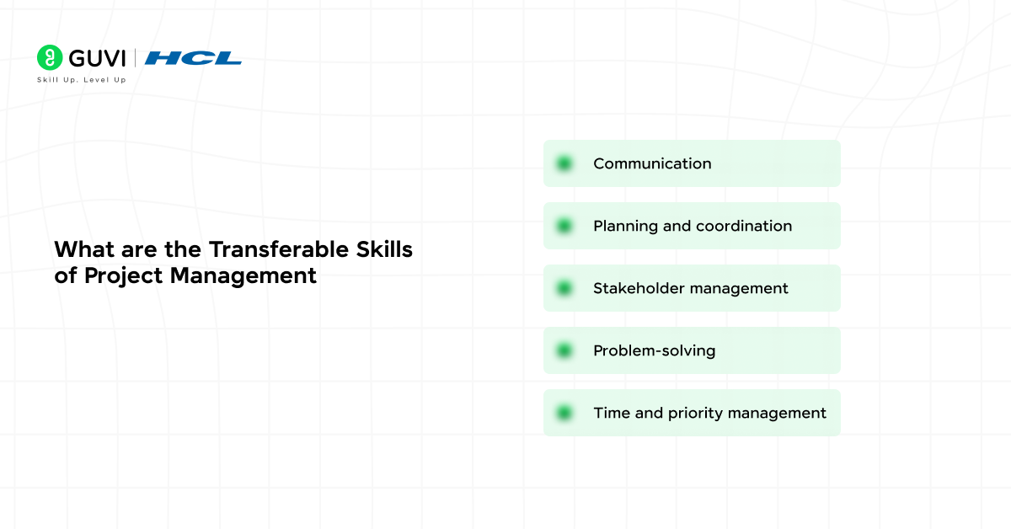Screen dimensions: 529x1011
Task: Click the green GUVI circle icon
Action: (x=50, y=57)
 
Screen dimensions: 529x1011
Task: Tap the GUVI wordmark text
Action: (x=97, y=58)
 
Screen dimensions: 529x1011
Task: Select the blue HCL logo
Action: (x=193, y=58)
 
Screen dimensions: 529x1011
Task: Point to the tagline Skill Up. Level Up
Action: (x=81, y=80)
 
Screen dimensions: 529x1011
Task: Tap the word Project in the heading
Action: (x=123, y=275)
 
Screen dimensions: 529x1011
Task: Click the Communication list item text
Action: (x=652, y=163)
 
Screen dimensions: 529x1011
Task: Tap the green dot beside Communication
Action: (x=564, y=163)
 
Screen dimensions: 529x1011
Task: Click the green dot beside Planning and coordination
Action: (x=564, y=226)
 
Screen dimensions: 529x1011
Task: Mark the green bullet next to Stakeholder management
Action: (x=564, y=288)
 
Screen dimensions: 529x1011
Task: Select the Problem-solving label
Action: (x=654, y=350)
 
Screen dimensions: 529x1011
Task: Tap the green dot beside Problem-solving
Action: (x=564, y=350)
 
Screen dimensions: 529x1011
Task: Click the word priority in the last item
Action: (x=695, y=413)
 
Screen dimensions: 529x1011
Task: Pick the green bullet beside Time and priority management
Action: (x=564, y=413)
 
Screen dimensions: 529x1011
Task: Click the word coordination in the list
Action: (x=744, y=226)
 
